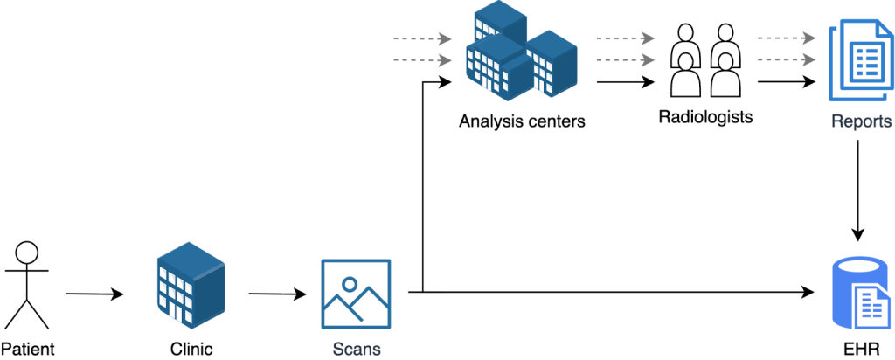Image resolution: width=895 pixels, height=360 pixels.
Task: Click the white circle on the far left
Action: (x=27, y=253)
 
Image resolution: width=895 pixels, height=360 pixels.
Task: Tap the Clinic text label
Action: (x=191, y=350)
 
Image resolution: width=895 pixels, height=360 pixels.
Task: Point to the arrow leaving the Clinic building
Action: (x=278, y=294)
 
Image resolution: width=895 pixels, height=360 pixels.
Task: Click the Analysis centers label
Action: (x=521, y=121)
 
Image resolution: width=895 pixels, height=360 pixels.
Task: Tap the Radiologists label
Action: (x=704, y=116)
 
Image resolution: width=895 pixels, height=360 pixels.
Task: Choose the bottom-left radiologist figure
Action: (x=686, y=77)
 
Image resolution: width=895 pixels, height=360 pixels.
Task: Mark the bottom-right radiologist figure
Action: (x=724, y=77)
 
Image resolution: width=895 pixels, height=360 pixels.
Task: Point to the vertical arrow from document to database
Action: (x=859, y=188)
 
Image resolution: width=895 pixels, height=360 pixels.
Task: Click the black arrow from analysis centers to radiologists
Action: (x=625, y=82)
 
